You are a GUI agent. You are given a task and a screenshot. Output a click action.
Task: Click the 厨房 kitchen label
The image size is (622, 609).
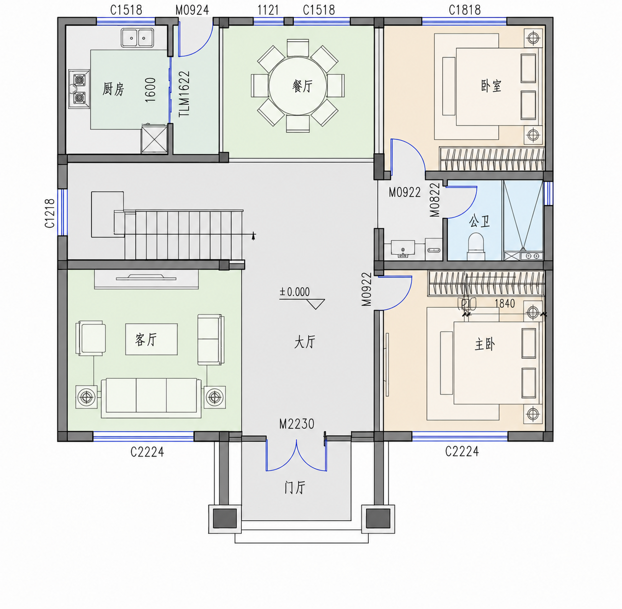pos(113,89)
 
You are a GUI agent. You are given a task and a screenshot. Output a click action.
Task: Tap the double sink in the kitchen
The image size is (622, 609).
pos(137,38)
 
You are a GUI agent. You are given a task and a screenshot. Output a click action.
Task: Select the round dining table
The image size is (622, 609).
pos(298,86)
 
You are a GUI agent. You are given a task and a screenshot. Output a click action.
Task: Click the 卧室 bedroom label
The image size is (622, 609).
pos(491,86)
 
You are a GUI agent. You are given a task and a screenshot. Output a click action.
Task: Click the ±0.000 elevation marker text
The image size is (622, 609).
pos(294,292)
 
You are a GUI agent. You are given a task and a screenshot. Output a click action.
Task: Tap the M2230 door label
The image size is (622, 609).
pos(297,424)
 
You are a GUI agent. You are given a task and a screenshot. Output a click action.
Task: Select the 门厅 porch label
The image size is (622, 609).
pos(295,487)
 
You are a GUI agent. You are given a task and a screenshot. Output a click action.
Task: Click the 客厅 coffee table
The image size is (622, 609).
pos(152,340)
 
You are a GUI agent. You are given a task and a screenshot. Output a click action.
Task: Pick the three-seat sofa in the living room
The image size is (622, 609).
pos(151,398)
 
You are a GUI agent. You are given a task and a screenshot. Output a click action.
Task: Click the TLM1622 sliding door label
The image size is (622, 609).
pos(184,94)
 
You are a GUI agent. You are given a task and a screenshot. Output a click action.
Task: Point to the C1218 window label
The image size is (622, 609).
pos(50,213)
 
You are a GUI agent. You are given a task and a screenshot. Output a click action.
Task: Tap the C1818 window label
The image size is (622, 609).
pos(465,10)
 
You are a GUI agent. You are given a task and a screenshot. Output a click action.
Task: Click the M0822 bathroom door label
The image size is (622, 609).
pos(435,200)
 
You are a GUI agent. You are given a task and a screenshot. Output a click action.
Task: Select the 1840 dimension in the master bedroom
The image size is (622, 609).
pos(504,304)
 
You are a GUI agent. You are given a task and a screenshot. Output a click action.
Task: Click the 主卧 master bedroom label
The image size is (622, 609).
pos(485,344)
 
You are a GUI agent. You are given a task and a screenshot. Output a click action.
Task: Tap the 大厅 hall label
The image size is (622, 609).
pos(305,342)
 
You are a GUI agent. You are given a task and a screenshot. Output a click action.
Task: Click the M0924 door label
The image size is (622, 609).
pos(192,10)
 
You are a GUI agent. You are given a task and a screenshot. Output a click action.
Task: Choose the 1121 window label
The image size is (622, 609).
pos(268,10)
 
